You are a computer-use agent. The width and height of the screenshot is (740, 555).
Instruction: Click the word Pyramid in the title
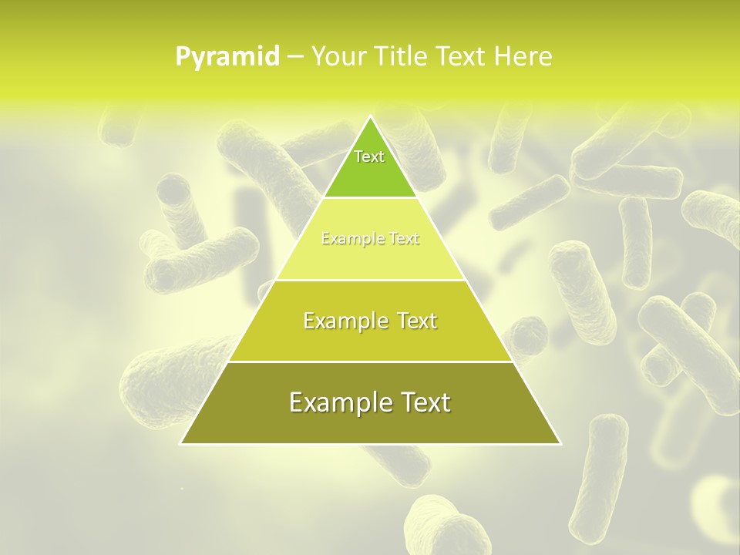227,57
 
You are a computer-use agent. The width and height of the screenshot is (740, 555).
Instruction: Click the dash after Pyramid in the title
295,57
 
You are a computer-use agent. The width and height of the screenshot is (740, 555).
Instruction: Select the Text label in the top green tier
369,156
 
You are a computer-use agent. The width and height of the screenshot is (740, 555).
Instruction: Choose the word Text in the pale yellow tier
404,239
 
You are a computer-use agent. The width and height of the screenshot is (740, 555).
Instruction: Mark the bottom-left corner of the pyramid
180,444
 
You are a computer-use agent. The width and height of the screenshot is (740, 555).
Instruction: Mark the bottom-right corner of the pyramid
560,444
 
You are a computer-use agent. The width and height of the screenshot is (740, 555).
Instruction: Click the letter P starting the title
183,56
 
